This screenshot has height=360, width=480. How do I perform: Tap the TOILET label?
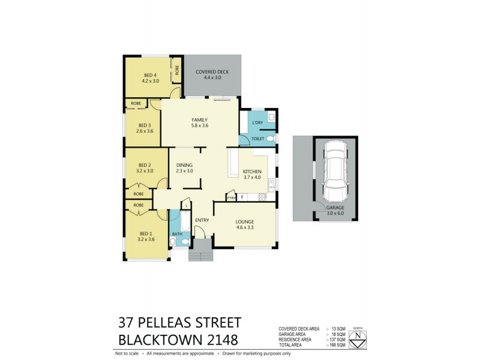point(258,138)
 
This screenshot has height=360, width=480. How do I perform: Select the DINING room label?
point(184,165)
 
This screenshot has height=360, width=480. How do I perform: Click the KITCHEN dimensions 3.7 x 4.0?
point(252,178)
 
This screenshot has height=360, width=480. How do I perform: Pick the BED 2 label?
point(144,165)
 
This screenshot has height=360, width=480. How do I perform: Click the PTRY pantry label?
point(230,197)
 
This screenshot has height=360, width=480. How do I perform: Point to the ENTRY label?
point(202,220)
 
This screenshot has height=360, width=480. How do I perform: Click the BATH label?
point(177,234)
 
